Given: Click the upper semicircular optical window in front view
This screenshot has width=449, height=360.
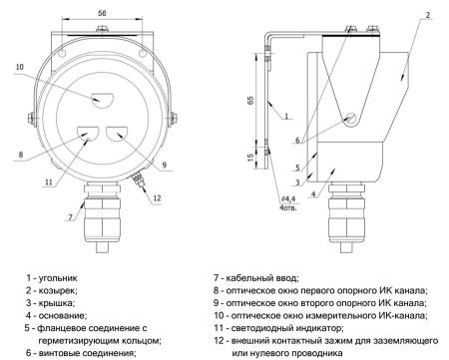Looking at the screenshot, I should point(104,99).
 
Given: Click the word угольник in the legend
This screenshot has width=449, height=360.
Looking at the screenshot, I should point(59,278).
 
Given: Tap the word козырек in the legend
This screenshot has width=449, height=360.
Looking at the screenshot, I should point(58,290).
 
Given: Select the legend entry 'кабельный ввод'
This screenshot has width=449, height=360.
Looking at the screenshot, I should point(264,278).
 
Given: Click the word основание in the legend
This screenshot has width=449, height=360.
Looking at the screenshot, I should point(62,315).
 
